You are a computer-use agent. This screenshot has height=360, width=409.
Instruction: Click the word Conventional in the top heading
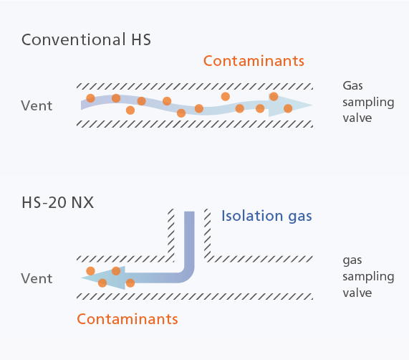pyautogui.click(x=73, y=39)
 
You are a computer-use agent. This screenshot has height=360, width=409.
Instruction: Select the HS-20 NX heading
pyautogui.click(x=57, y=202)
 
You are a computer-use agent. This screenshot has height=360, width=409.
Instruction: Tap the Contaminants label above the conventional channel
pyautogui.click(x=254, y=61)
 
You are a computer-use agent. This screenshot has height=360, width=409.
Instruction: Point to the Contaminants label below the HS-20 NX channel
pyautogui.click(x=127, y=319)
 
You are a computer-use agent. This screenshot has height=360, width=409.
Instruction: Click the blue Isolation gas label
pyautogui.click(x=266, y=216)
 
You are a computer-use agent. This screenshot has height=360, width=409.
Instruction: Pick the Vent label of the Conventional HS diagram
pyautogui.click(x=37, y=105)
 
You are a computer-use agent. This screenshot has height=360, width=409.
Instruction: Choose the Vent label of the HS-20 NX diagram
pyautogui.click(x=37, y=278)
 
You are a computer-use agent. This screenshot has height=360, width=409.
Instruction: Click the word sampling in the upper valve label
pyautogui.click(x=368, y=103)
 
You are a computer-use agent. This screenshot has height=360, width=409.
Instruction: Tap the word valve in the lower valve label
pyautogui.click(x=357, y=293)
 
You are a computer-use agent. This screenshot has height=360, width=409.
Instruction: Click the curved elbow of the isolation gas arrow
pyautogui.click(x=188, y=276)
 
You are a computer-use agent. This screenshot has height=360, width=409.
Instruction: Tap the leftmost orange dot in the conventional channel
pyautogui.click(x=90, y=98)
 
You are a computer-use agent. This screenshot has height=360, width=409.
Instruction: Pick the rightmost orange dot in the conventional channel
pyautogui.click(x=288, y=108)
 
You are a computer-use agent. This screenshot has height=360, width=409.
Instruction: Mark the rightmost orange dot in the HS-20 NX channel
pyautogui.click(x=130, y=283)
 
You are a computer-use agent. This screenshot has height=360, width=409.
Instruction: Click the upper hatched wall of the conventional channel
pyautogui.click(x=195, y=86)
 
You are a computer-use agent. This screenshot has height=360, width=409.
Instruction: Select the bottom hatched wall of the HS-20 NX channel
pyautogui.click(x=195, y=296)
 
